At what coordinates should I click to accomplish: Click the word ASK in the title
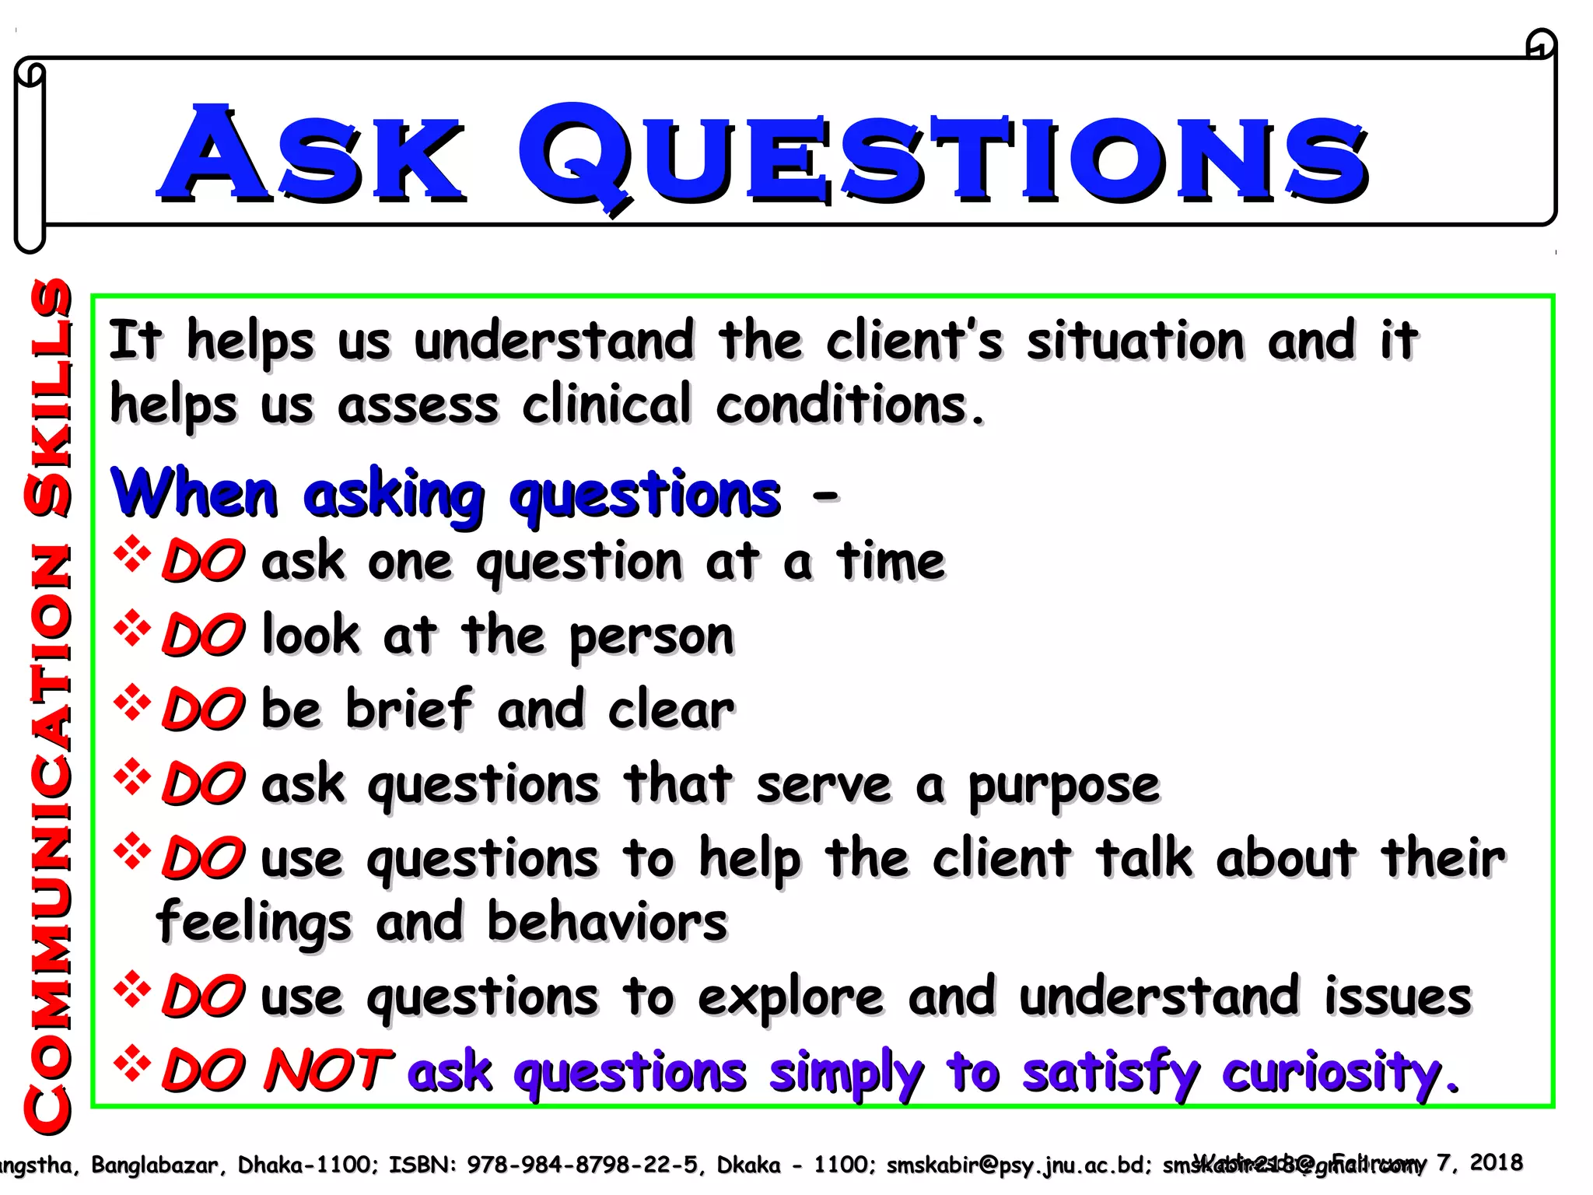tap(311, 156)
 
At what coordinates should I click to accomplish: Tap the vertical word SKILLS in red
tap(48, 397)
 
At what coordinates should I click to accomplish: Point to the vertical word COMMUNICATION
tap(48, 836)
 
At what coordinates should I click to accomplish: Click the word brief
tap(409, 710)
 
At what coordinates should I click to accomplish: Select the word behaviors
tap(607, 923)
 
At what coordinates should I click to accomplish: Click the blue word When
tap(194, 494)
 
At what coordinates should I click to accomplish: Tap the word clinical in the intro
tap(607, 405)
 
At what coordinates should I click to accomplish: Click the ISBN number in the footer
tap(581, 1165)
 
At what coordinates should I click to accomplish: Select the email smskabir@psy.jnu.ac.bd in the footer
tap(1014, 1165)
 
